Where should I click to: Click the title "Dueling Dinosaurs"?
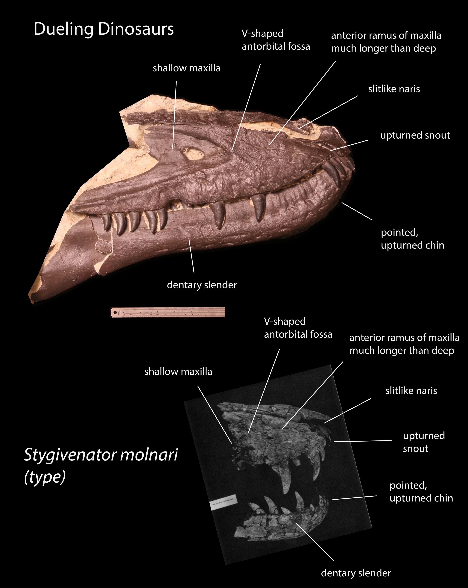[104, 29]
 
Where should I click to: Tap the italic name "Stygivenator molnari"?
[101, 455]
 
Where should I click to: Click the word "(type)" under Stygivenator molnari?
[45, 477]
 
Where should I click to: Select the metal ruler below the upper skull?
[168, 312]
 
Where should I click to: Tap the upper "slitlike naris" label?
[394, 89]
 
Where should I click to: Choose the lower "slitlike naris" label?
[411, 391]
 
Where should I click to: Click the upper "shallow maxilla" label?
[186, 68]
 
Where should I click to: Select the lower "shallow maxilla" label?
[178, 372]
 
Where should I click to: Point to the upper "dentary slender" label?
[202, 285]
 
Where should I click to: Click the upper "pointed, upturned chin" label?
[412, 239]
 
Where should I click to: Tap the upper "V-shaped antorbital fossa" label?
[276, 40]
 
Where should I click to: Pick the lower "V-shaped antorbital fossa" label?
[298, 328]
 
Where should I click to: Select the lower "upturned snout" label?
[424, 442]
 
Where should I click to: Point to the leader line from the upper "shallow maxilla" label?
[175, 115]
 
